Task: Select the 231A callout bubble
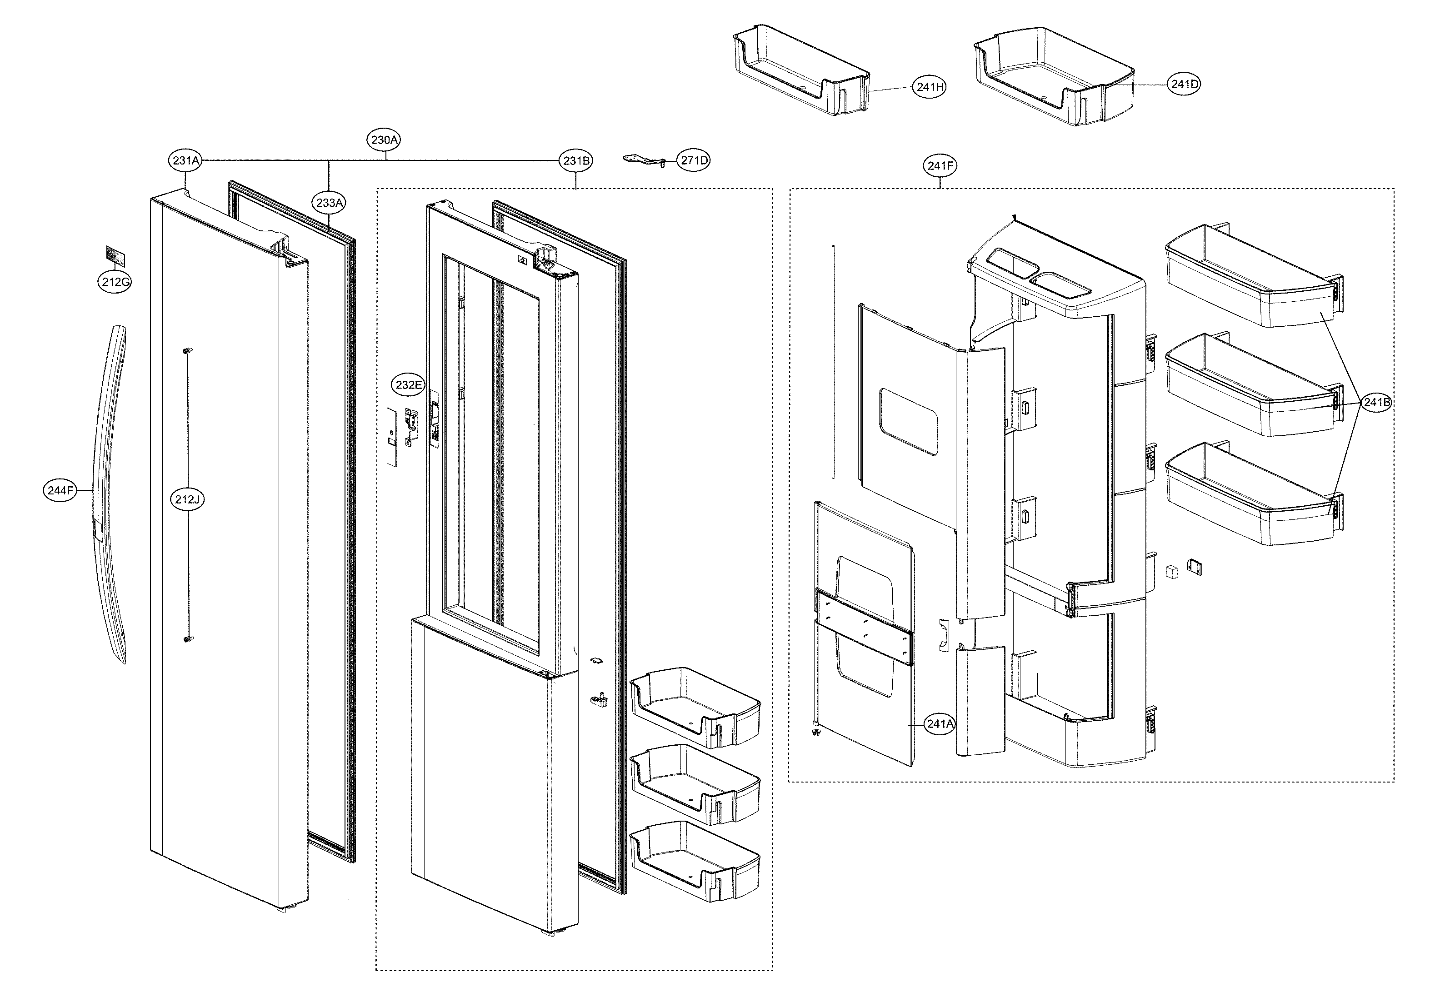(186, 161)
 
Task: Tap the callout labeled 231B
(576, 161)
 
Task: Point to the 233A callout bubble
(330, 203)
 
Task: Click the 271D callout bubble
(694, 161)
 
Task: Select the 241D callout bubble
(1184, 84)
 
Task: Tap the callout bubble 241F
(940, 166)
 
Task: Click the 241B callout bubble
(1375, 403)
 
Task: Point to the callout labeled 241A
(940, 724)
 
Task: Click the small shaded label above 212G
(115, 256)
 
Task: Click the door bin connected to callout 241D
(1055, 75)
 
